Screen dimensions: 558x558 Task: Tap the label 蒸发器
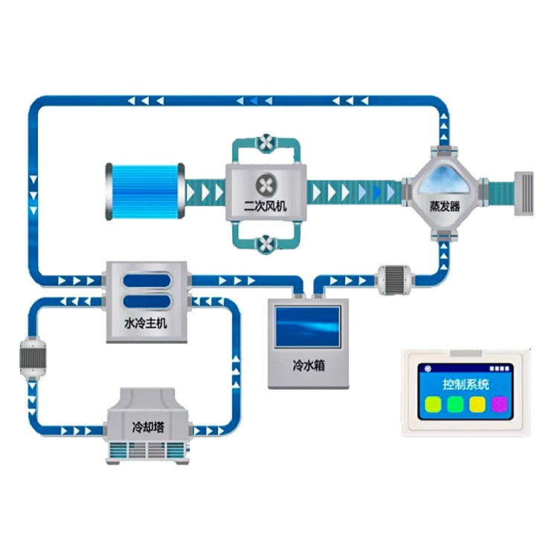point(445,206)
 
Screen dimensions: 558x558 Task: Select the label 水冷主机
point(146,324)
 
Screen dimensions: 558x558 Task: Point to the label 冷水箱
point(309,366)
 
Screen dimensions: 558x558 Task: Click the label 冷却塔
point(145,428)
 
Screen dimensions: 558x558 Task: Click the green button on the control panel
point(453,405)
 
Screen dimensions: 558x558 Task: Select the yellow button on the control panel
point(477,405)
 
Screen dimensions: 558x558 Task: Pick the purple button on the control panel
point(500,405)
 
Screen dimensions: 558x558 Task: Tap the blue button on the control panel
point(430,405)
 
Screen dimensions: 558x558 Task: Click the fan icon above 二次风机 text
point(266,184)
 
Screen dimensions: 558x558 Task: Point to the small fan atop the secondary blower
point(266,141)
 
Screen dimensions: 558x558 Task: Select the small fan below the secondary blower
point(266,243)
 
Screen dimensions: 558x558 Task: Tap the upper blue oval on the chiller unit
point(146,282)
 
